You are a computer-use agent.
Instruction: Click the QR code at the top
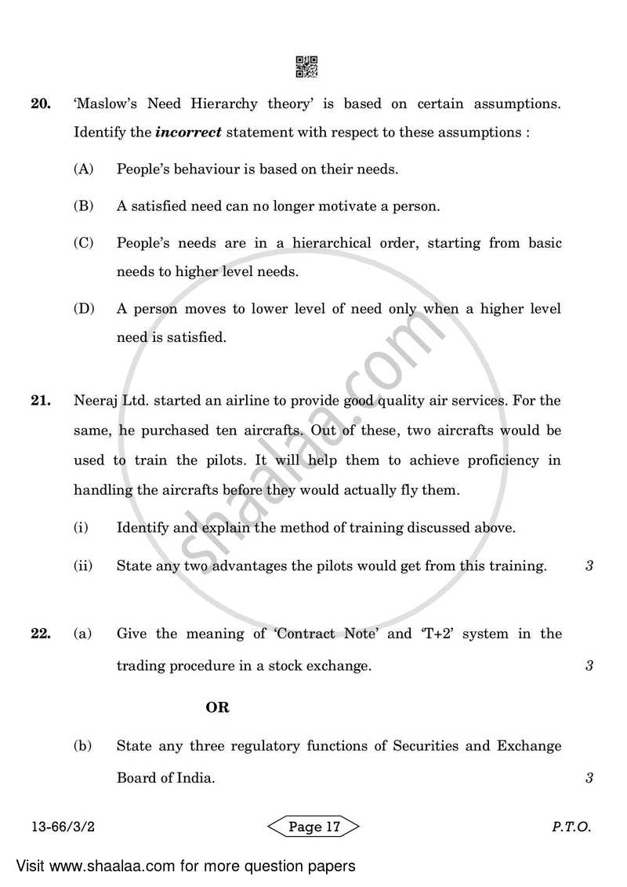pos(306,67)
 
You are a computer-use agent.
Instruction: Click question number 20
pos(41,104)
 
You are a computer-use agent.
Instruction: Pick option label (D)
pos(83,309)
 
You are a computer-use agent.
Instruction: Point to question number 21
pos(41,401)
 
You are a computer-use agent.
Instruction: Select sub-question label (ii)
pos(83,565)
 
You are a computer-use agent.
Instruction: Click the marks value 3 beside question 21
pos(589,565)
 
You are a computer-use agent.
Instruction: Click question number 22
pos(41,633)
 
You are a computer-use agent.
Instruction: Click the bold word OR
pos(217,707)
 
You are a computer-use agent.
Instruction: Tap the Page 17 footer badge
pos(313,827)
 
